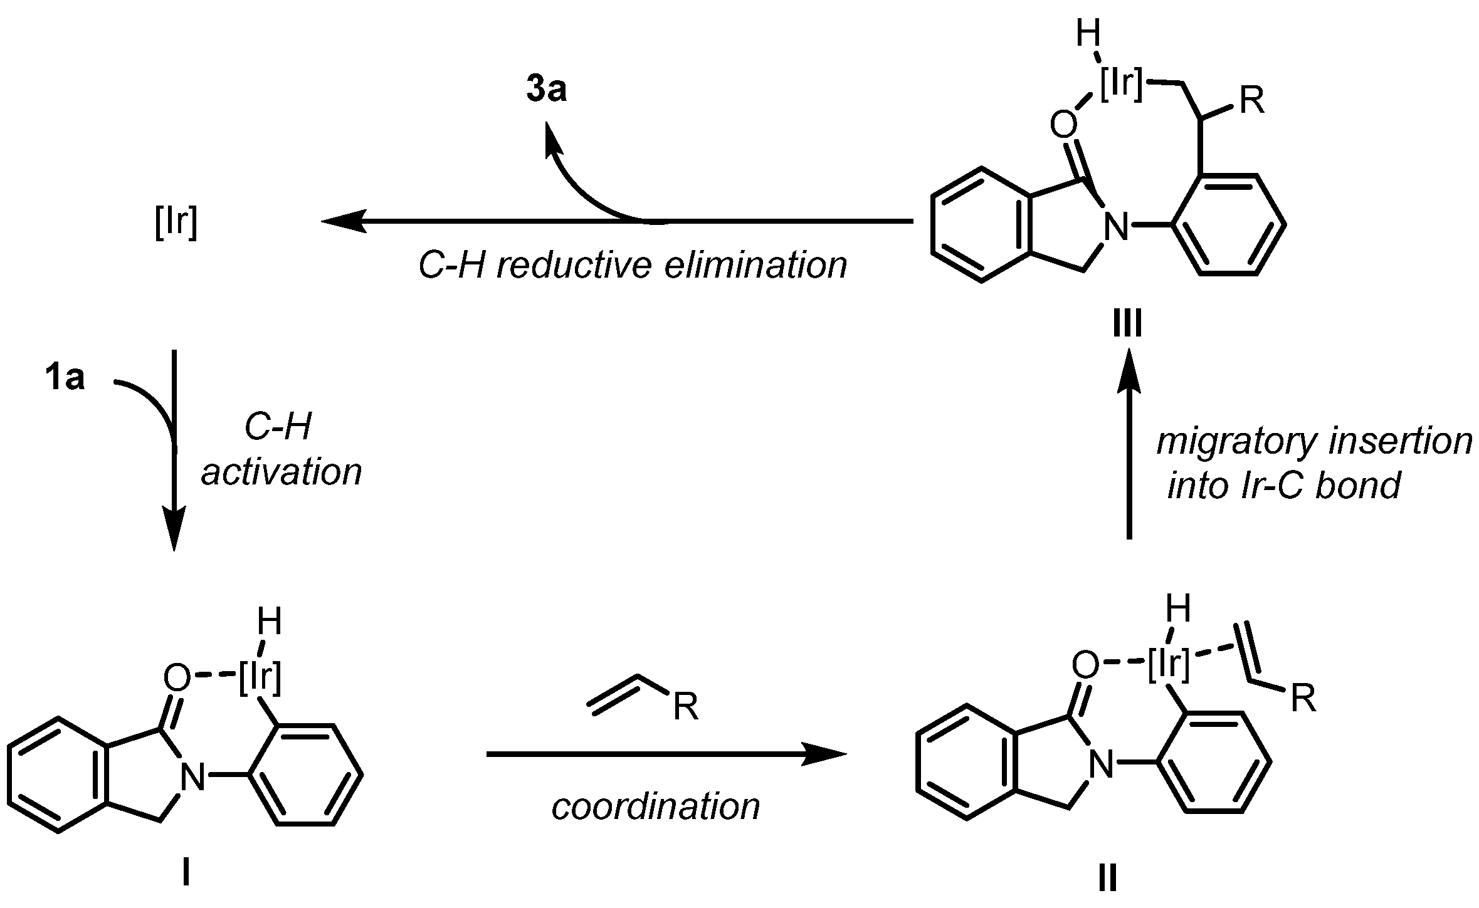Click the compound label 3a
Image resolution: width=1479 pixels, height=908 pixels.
(x=546, y=90)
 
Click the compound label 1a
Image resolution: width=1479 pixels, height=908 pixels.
(x=65, y=379)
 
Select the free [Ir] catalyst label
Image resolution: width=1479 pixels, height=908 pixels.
(x=176, y=222)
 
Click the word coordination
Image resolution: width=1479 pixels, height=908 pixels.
(x=655, y=807)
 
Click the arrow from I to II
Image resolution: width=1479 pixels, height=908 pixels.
(x=665, y=755)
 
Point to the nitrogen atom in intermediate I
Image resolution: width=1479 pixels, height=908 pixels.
(x=192, y=778)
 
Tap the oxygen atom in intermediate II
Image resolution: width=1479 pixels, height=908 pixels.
(x=1085, y=665)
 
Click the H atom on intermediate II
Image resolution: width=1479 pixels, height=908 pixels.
(x=1178, y=608)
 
